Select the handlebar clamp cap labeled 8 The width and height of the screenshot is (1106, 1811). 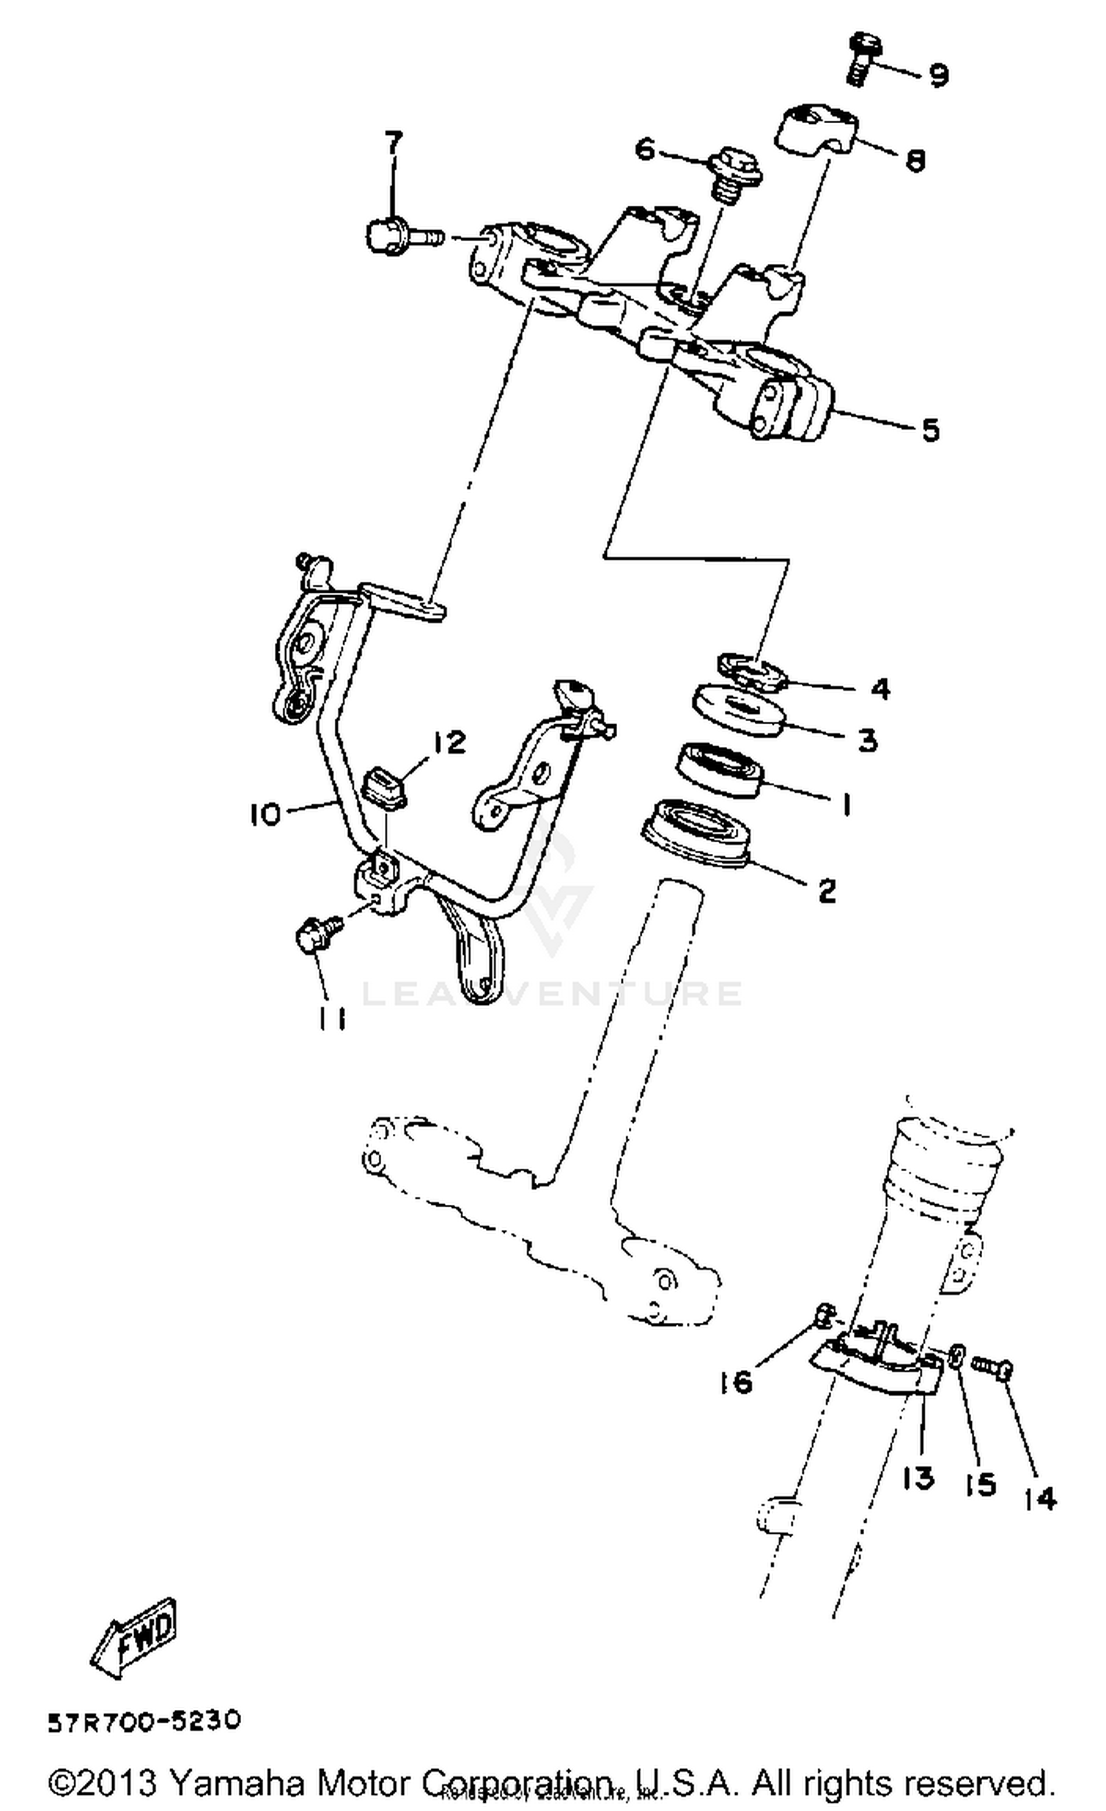[816, 132]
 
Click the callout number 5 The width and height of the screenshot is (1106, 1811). [931, 429]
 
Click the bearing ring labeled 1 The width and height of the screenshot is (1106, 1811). [720, 770]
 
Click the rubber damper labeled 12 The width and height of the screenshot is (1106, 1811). [386, 790]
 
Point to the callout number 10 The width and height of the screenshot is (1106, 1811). [265, 814]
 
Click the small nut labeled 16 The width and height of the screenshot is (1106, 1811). [825, 1314]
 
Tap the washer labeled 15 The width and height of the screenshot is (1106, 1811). [957, 1355]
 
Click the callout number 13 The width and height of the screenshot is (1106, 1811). [917, 1477]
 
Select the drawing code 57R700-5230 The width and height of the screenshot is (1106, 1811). [145, 1722]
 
